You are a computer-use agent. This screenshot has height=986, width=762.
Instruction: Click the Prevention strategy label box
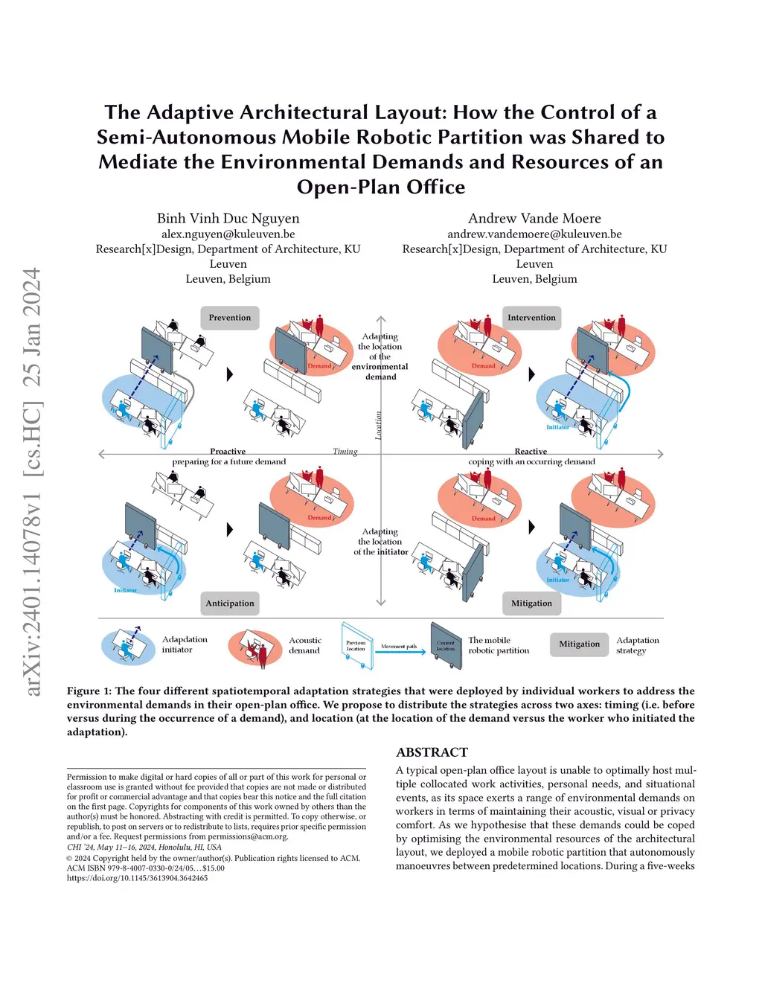coord(229,318)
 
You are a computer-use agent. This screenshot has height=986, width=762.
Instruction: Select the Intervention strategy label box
coord(531,318)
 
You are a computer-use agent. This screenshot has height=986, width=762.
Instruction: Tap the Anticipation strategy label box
coord(230,604)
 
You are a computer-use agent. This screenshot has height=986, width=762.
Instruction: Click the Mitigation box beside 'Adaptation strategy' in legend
coord(579,644)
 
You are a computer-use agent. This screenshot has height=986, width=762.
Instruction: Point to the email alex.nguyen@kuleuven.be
coord(228,234)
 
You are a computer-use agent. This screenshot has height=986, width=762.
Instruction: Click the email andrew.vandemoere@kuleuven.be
coord(534,234)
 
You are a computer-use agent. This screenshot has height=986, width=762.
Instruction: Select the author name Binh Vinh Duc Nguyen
coord(228,218)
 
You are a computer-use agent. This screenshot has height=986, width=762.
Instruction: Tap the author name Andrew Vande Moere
coord(534,218)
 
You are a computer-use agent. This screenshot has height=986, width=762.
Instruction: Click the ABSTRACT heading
coord(432,752)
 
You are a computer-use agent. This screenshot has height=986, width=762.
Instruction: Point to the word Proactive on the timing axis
coord(228,452)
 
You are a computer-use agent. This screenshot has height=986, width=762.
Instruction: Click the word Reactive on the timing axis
coord(531,452)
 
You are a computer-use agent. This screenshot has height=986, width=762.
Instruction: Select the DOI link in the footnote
coord(137,878)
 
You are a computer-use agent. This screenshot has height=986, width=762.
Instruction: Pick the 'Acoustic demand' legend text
coord(304,645)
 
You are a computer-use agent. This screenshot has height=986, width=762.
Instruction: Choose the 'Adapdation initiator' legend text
coord(185,644)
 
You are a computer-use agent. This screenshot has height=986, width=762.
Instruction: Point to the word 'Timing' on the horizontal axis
coord(345,452)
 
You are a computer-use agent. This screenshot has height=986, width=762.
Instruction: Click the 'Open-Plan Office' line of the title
coord(380,188)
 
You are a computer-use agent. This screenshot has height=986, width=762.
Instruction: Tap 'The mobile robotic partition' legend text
coord(499,645)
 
